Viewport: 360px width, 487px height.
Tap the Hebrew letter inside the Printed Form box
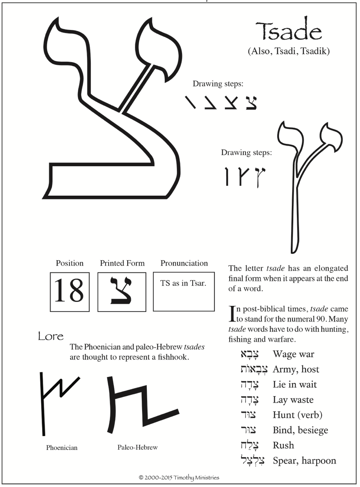coord(122,291)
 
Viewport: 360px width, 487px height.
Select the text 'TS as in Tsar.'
coord(183,283)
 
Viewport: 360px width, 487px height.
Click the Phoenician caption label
coord(62,447)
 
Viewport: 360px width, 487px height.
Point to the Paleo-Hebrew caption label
coord(138,447)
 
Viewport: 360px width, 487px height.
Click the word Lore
coord(51,336)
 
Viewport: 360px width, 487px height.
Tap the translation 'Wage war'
coord(293,354)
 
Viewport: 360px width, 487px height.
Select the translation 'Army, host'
coord(296,369)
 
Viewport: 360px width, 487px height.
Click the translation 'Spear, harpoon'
coord(304,461)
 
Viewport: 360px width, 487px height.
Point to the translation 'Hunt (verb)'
coord(298,415)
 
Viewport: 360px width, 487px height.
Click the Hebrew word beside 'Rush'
coord(250,445)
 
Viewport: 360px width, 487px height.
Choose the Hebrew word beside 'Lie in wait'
coord(250,385)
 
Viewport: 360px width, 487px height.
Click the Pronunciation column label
coord(184,263)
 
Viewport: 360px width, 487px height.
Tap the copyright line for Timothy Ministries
coord(179,477)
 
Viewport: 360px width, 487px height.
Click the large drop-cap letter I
coord(232,314)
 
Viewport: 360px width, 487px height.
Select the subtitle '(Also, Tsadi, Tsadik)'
coord(289,51)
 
